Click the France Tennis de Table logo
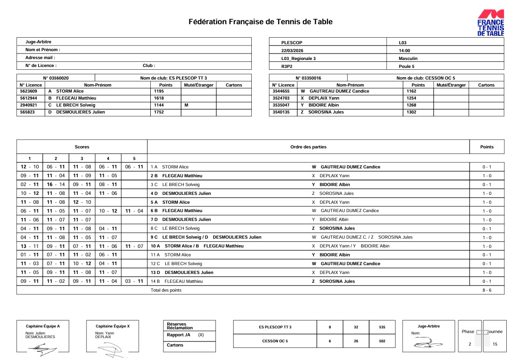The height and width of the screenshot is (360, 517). coord(490,23)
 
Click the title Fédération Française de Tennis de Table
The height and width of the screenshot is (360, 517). coord(261,22)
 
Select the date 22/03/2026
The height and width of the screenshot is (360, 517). coord(292,51)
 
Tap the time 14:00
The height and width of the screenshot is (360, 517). coord(404,51)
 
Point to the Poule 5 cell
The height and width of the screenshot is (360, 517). coord(407,67)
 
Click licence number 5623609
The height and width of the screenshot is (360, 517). coord(28,92)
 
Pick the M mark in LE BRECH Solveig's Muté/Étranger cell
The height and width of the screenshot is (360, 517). coord(186,105)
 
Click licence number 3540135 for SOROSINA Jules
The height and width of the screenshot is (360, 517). coord(281,112)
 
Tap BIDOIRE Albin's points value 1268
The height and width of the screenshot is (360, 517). coord(412,105)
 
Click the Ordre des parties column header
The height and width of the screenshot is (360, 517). coord(308,147)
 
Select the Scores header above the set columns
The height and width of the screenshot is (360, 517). coord(82,147)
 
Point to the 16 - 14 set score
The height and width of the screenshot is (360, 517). coord(56,185)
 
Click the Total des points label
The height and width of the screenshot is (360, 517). coord(166,290)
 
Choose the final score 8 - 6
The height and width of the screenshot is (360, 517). coord(487,290)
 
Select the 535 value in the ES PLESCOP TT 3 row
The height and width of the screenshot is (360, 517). coord(382,327)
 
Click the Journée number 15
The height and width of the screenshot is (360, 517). coord(495,344)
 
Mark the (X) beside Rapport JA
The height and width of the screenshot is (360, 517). coord(201,335)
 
